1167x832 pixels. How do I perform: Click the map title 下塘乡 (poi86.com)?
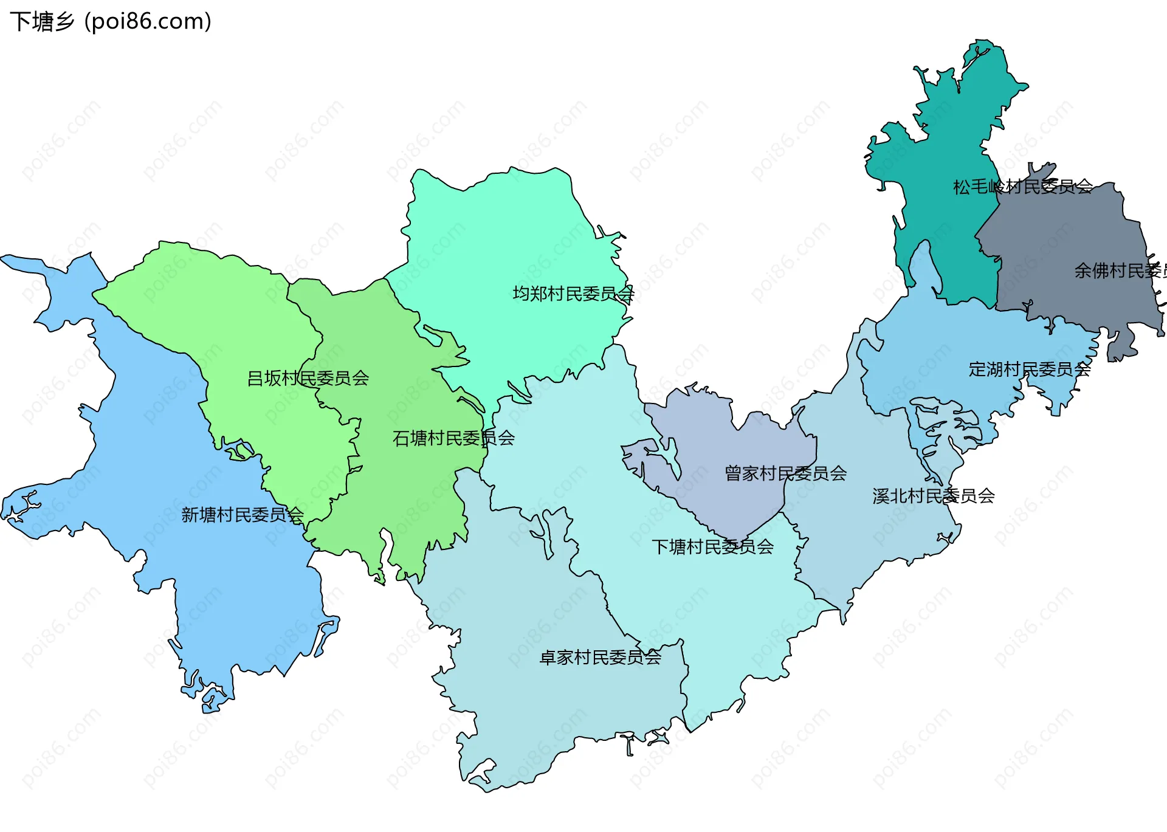[x=111, y=21]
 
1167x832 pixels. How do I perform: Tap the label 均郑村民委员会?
[x=573, y=294]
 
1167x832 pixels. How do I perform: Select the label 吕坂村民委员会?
[x=308, y=379]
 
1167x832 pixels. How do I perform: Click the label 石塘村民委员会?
[x=453, y=438]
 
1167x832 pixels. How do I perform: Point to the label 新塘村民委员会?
[x=243, y=515]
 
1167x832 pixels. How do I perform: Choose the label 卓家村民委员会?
[x=601, y=658]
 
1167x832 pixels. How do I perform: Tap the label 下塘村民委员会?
[x=712, y=547]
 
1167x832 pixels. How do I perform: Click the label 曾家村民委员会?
[x=785, y=473]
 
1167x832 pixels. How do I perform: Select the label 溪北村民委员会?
[x=934, y=497]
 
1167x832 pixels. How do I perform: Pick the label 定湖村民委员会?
[x=1030, y=370]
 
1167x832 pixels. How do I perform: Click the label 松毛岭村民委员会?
[x=1023, y=187]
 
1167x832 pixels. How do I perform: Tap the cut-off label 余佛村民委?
[x=1120, y=270]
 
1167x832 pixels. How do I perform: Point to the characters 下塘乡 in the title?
[x=41, y=21]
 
